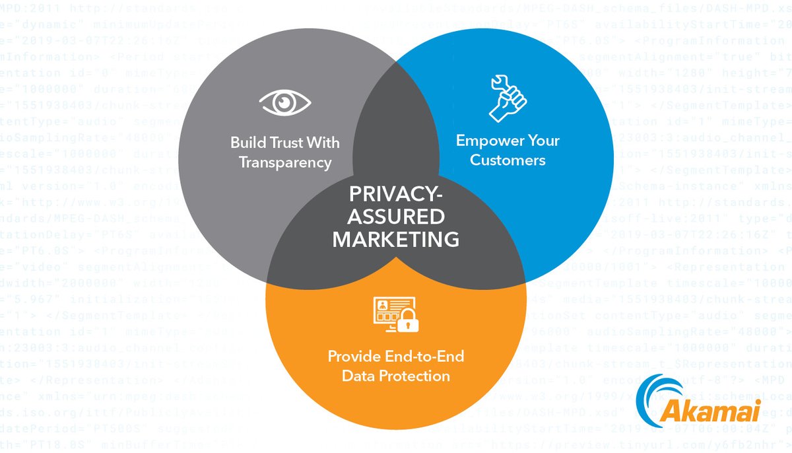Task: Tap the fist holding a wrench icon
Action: point(508,98)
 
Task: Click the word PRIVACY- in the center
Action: point(395,197)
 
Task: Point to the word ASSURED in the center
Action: point(396,217)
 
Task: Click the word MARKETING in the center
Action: point(396,238)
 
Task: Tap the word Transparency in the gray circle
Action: point(285,162)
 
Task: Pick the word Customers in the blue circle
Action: point(508,160)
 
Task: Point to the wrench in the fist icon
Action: point(500,86)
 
